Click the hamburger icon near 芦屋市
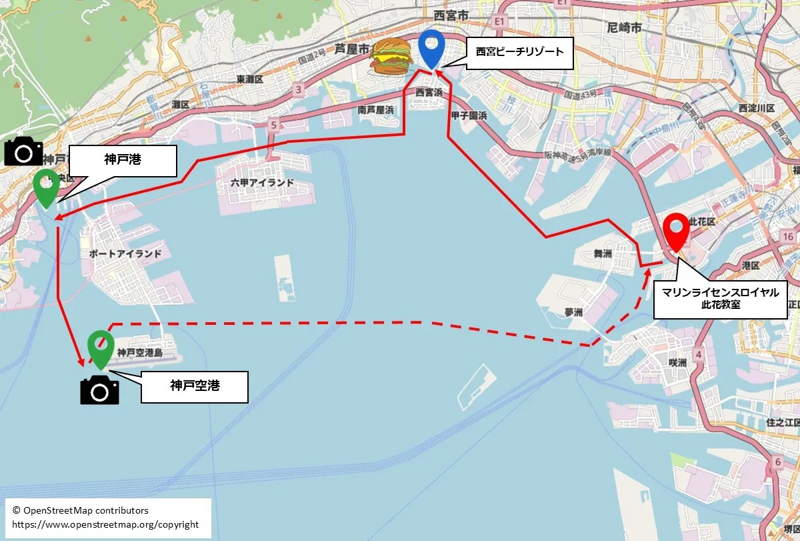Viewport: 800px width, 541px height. point(391,57)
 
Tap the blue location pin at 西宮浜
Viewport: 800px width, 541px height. point(432,48)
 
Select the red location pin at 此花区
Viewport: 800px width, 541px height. point(676,231)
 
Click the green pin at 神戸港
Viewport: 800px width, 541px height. point(47,187)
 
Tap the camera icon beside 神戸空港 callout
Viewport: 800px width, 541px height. point(99,390)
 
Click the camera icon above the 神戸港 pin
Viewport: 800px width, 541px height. point(23,151)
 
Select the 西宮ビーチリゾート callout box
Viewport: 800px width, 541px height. point(519,51)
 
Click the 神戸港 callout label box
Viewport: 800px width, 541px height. point(123,161)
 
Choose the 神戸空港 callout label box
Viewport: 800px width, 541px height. point(194,386)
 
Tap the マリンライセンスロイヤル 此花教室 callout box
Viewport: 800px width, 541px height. point(720,298)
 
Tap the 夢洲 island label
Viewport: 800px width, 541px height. point(573,312)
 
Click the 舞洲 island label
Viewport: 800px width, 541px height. point(603,253)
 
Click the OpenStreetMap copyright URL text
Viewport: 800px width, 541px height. point(105,524)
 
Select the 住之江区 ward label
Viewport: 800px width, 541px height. point(783,422)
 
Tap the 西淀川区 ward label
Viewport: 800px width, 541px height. point(756,108)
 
